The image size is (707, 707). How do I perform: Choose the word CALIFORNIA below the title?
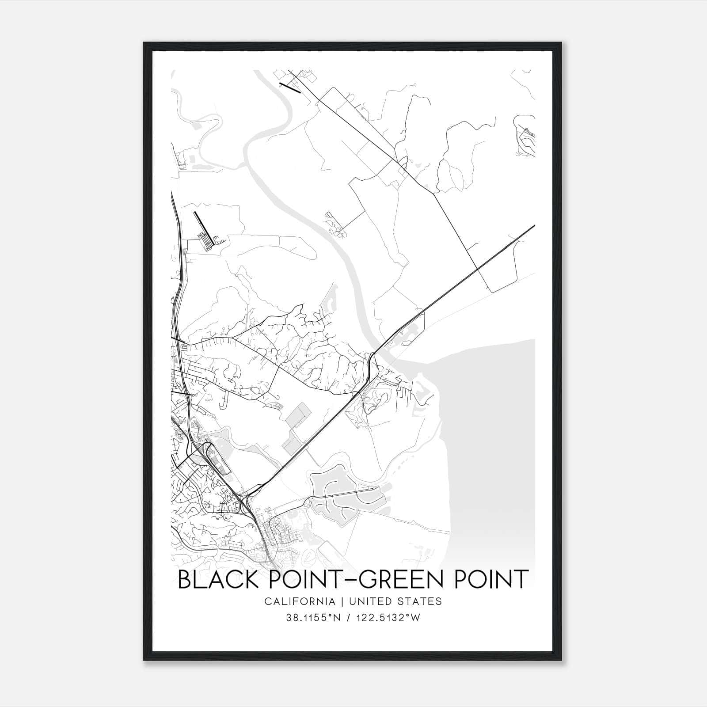coord(300,601)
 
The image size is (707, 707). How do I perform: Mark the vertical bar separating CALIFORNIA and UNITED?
coord(342,601)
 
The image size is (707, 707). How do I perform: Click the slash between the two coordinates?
coord(349,618)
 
